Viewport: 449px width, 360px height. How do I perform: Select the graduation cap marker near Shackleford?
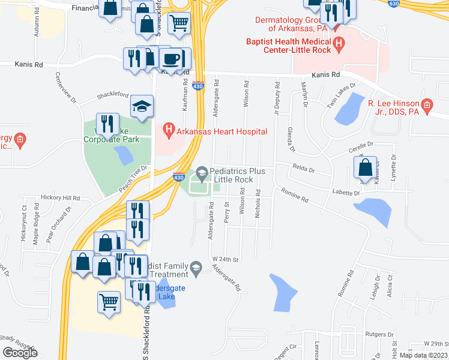(x=142, y=107)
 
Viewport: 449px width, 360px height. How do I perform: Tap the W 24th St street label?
(x=226, y=259)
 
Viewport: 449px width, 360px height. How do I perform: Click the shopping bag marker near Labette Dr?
(x=366, y=169)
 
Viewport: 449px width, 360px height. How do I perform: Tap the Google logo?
(x=20, y=353)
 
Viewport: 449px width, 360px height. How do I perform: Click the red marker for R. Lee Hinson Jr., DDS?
(x=427, y=107)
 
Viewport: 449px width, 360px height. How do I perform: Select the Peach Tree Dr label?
(x=133, y=179)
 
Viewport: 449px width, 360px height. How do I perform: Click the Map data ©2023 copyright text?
(x=424, y=355)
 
